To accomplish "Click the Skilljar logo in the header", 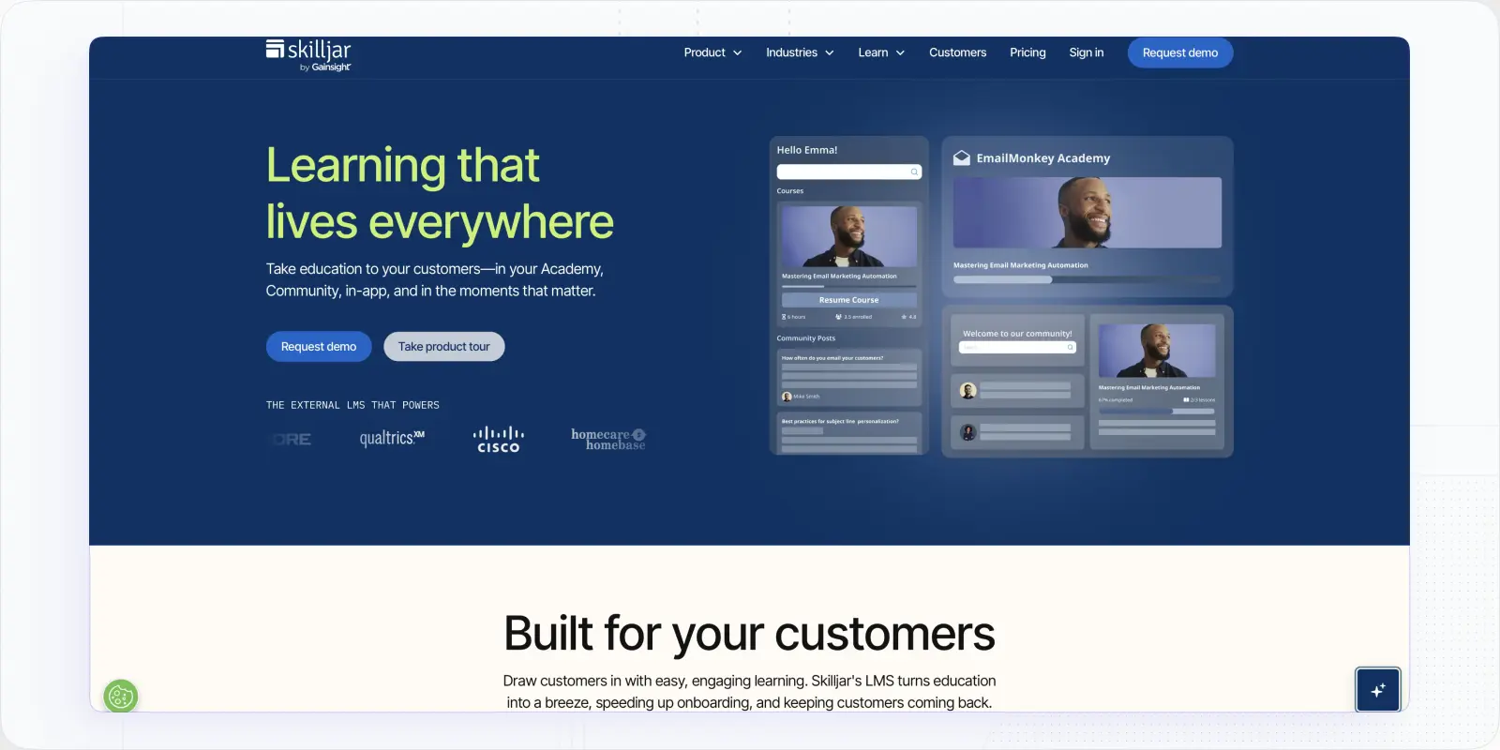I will [308, 54].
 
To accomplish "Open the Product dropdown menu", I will [712, 52].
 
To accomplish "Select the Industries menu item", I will [800, 52].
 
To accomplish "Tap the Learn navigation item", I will [881, 52].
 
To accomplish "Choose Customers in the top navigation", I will [957, 52].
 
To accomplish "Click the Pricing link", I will [1027, 52].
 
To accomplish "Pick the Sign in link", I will [1087, 52].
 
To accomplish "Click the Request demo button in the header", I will [1179, 52].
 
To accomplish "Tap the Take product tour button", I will [443, 347].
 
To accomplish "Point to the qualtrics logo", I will [392, 438].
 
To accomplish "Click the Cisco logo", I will [498, 439].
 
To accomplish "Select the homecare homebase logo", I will [608, 439].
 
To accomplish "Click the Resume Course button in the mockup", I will [848, 300].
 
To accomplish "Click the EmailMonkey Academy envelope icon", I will [962, 158].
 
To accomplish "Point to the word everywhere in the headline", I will [491, 222].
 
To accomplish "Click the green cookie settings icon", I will [120, 697].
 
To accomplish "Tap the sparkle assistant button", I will [1377, 690].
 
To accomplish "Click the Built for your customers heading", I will [749, 634].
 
